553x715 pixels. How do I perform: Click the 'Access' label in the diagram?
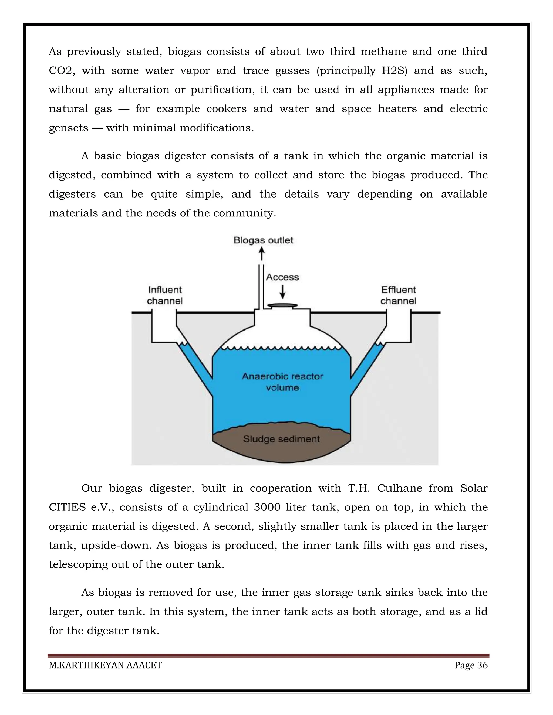tap(282, 277)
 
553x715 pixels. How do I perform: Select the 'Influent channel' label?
tap(164, 295)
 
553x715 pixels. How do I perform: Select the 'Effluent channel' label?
tap(398, 295)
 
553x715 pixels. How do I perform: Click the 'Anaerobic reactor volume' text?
tap(282, 382)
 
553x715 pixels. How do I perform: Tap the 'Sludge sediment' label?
tap(281, 439)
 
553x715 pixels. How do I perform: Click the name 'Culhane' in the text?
tap(399, 488)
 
